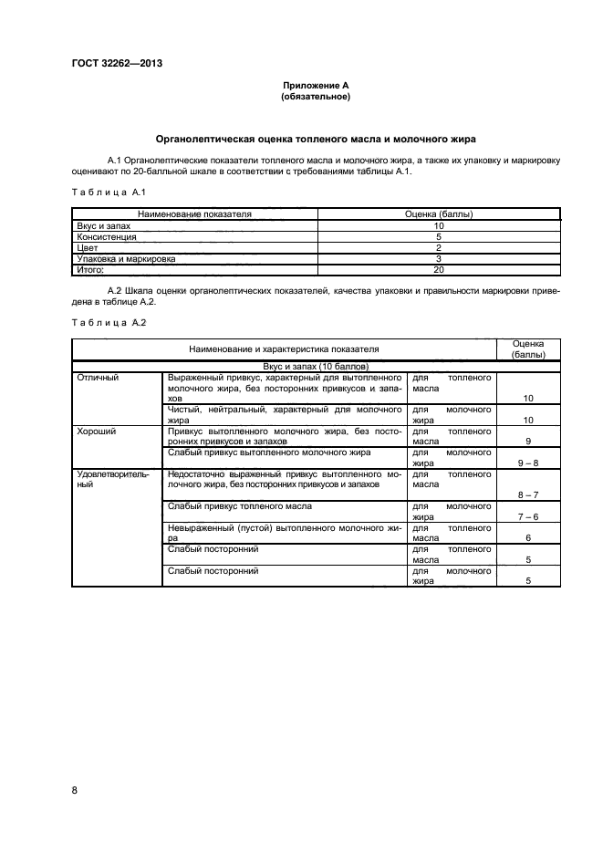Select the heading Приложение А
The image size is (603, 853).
[316, 86]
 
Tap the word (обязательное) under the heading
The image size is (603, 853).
[316, 96]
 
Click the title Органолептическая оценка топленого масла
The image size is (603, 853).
[316, 139]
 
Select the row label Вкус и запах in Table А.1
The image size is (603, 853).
[98, 225]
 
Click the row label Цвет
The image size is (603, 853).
[86, 247]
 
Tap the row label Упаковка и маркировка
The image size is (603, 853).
[126, 259]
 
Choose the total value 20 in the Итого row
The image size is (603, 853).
[438, 270]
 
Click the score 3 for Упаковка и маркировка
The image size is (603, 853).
[438, 259]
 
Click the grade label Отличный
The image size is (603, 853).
[98, 377]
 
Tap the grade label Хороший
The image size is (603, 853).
[97, 430]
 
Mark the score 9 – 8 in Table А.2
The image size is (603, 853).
[527, 463]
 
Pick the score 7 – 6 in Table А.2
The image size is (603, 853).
[527, 516]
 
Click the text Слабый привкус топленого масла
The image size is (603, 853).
[240, 505]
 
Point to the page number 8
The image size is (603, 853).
[75, 790]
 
